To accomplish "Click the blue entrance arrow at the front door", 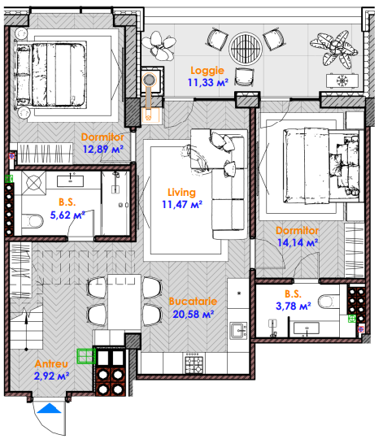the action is [x=49, y=408].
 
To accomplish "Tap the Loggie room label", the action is [x=207, y=71].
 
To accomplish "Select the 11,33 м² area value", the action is [x=207, y=83].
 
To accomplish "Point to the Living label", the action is [x=181, y=193].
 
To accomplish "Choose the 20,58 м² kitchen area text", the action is [x=194, y=314].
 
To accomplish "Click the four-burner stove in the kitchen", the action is [x=194, y=363].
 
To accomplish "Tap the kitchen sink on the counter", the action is [x=238, y=331].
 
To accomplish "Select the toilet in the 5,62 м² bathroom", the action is [x=33, y=221].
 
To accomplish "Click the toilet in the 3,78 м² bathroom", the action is [x=328, y=302].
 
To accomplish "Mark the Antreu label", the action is [x=51, y=363].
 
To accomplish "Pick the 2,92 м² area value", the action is [x=51, y=376].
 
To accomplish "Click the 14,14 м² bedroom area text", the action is [x=298, y=242].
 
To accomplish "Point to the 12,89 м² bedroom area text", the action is [x=103, y=149].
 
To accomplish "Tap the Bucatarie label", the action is [x=193, y=302].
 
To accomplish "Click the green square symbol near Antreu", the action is [x=86, y=356].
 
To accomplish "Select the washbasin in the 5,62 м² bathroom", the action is [x=70, y=180].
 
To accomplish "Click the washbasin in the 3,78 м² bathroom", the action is [x=307, y=328].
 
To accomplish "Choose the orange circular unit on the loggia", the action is [x=149, y=80].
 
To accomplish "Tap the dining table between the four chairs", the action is [x=124, y=302].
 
